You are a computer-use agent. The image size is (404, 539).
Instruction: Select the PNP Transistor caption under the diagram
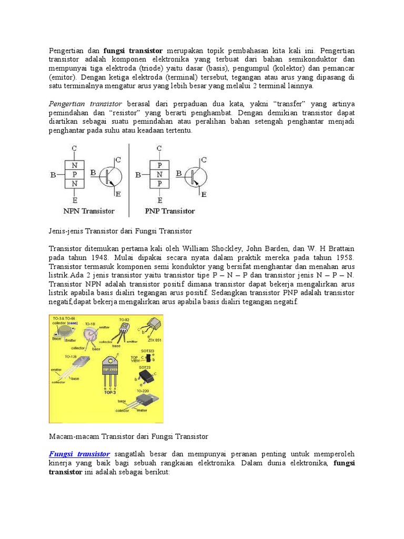tap(169, 211)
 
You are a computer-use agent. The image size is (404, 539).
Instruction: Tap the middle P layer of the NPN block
tap(75, 174)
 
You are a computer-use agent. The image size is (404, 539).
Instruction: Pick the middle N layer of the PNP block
tap(159, 174)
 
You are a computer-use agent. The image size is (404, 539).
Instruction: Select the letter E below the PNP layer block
tap(160, 201)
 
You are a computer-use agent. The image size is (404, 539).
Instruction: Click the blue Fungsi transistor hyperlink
tap(79, 453)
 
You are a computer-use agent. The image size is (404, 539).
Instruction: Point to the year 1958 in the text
tap(343, 258)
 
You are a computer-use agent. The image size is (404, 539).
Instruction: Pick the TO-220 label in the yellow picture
tap(143, 391)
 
